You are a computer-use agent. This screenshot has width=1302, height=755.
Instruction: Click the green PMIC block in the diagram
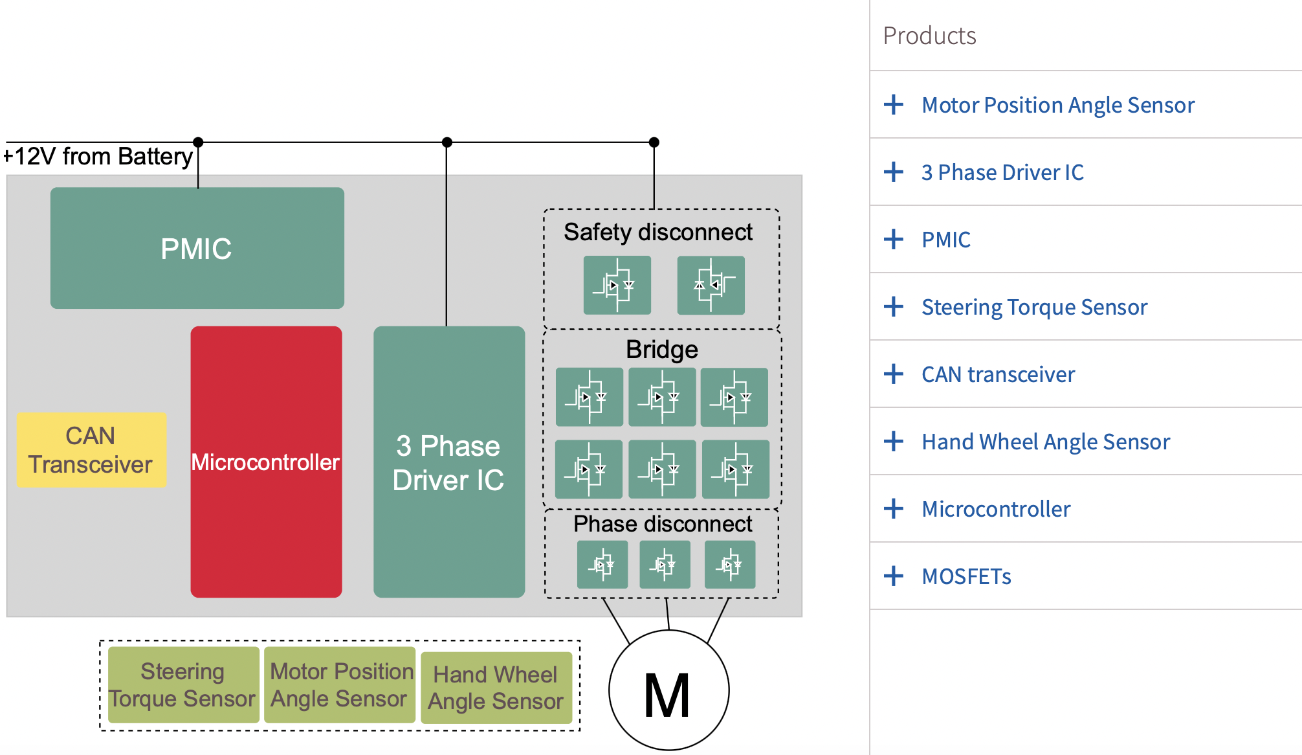tap(197, 248)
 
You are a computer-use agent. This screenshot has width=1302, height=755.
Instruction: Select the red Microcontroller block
tap(266, 462)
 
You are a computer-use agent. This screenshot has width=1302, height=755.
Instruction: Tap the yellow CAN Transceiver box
tap(91, 450)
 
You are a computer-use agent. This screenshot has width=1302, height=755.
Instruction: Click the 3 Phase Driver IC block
tap(448, 462)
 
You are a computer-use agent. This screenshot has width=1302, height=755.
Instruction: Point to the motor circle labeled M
tap(668, 691)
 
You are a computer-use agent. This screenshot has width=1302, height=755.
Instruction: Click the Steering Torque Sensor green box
tap(183, 685)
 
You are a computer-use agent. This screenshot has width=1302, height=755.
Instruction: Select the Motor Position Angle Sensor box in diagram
tap(340, 685)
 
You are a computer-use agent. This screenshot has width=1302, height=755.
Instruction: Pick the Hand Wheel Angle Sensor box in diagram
tap(496, 688)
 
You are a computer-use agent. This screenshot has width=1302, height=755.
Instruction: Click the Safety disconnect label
tap(657, 232)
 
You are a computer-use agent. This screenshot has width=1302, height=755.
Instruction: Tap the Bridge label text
tap(661, 350)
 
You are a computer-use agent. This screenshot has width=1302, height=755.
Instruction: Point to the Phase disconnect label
tap(662, 524)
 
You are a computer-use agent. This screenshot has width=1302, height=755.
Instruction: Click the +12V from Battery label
tap(98, 157)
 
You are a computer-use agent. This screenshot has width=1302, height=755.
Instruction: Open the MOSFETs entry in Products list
tap(966, 576)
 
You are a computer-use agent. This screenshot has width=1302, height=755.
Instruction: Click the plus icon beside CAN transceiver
tap(894, 374)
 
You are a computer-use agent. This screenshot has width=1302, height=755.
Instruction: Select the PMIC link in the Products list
tap(945, 240)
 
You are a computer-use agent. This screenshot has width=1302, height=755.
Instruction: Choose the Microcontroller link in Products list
tap(995, 509)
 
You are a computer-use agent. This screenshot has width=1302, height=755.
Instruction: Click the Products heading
tap(929, 36)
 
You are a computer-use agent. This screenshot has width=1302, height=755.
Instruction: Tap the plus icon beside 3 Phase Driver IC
tap(894, 172)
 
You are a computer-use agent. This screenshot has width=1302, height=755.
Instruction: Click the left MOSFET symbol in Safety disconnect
tap(617, 285)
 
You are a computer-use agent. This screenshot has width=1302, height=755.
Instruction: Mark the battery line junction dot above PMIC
tap(198, 142)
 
